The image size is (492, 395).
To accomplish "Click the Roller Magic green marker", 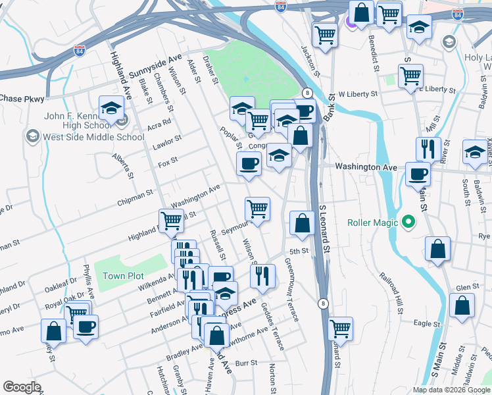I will (x=408, y=223).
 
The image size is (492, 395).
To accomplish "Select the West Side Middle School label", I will (x=93, y=137).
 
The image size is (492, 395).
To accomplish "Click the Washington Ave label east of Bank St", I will (x=366, y=167).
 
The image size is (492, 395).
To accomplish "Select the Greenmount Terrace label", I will (x=292, y=290).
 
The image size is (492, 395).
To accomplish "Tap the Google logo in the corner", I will (x=22, y=387).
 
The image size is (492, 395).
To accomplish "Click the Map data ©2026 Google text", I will (x=452, y=390).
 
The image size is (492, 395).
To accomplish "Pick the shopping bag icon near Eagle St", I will (x=462, y=306).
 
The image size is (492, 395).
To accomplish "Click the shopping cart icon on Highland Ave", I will (x=171, y=221).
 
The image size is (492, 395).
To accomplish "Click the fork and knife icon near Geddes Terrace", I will (x=263, y=275).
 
